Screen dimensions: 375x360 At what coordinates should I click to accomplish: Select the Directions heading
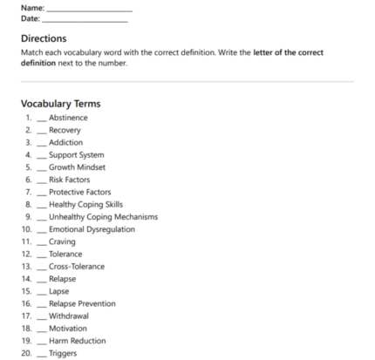click(44, 39)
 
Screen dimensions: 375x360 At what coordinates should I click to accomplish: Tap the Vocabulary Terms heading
click(62, 103)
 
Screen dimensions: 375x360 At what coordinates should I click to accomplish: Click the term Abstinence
click(68, 118)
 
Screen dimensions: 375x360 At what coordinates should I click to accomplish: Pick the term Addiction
click(66, 142)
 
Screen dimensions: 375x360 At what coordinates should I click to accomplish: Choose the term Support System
click(77, 155)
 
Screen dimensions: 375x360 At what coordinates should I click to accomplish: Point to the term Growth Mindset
click(76, 167)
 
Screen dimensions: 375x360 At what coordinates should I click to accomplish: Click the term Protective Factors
click(79, 192)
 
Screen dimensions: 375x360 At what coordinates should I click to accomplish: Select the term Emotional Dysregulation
click(92, 229)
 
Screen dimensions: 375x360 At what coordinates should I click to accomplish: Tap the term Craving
click(62, 241)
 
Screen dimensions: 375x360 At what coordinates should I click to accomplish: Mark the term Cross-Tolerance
click(77, 267)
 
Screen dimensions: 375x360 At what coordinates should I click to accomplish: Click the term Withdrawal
click(69, 316)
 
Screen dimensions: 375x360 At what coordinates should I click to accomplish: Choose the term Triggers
click(63, 353)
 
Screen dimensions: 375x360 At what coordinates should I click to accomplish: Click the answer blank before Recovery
click(42, 131)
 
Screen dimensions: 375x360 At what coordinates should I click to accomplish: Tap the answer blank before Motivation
click(42, 329)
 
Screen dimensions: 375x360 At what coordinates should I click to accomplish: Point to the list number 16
click(28, 303)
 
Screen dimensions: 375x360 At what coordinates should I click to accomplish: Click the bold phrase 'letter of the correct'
click(288, 52)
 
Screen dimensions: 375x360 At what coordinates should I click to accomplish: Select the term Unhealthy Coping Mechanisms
click(103, 217)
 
